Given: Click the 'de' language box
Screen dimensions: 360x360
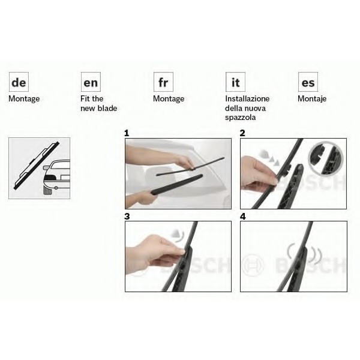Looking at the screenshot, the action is [x=19, y=82].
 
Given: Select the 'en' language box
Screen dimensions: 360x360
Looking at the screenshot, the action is [x=91, y=82].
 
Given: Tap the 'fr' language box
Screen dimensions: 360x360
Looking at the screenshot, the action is [x=163, y=82].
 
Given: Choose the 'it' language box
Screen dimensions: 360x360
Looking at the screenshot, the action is [x=235, y=82].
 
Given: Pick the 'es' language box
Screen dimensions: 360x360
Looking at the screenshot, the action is [x=308, y=82].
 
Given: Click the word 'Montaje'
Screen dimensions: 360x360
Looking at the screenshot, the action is [x=312, y=99].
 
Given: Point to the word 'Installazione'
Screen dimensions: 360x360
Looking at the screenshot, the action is [x=247, y=99].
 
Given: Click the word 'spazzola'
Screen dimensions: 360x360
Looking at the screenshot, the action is [x=240, y=118].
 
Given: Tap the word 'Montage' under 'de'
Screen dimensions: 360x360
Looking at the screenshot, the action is [x=24, y=99].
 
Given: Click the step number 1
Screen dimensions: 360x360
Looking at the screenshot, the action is [x=127, y=133].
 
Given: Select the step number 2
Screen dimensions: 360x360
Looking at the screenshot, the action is [x=242, y=133].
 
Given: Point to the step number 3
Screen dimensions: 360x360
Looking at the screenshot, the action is [x=127, y=217].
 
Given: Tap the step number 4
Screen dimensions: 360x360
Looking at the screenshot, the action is [x=242, y=217].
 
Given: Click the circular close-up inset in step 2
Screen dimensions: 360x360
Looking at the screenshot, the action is [x=326, y=158].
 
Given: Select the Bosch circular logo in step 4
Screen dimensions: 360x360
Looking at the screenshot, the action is [x=253, y=266].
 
